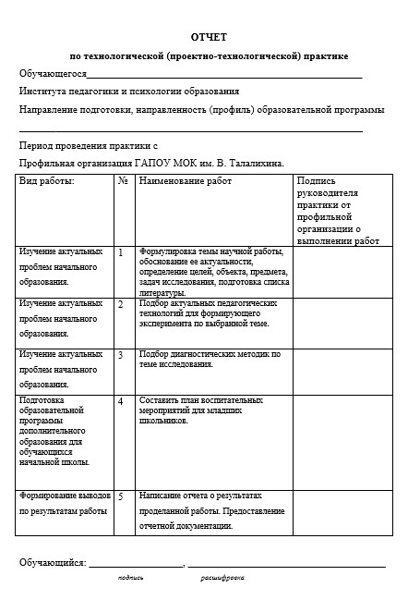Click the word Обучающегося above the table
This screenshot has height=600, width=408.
click(53, 74)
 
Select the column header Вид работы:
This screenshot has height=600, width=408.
click(47, 181)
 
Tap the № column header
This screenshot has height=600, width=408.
click(124, 181)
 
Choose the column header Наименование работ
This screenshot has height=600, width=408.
click(186, 181)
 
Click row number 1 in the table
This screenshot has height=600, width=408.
click(121, 251)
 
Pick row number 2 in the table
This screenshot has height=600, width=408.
click(121, 303)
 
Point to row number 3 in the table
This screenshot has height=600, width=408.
click(121, 354)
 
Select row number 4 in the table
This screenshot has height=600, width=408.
click(121, 401)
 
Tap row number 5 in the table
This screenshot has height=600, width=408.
click(121, 496)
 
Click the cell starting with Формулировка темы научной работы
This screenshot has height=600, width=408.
click(213, 272)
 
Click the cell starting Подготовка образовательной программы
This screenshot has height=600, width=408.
click(59, 431)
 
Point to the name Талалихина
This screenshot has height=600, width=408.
click(251, 163)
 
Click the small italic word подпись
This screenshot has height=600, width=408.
click(130, 578)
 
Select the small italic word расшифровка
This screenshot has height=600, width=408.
click(222, 578)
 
